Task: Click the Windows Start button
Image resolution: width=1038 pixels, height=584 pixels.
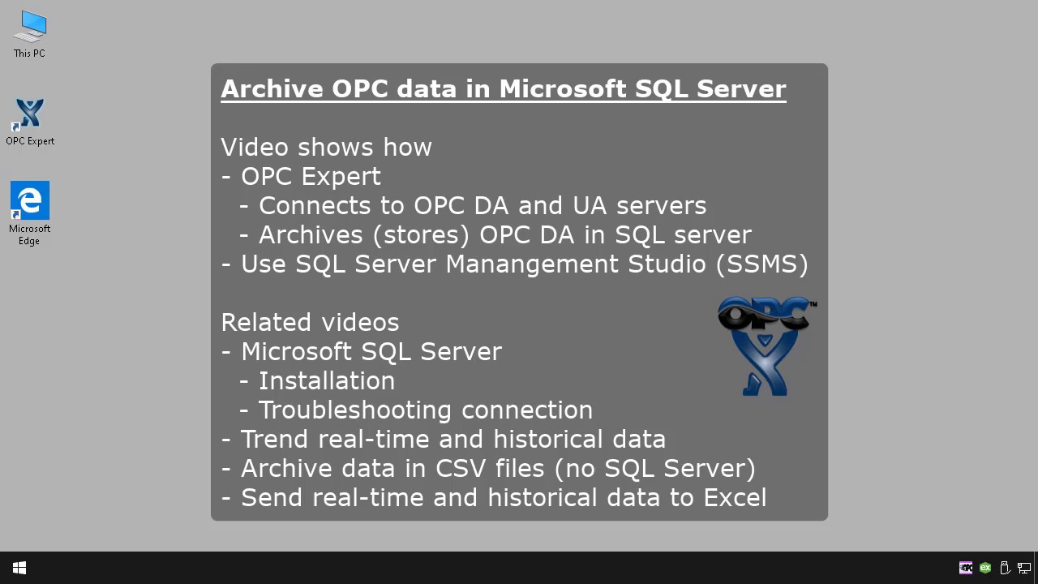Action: click(19, 568)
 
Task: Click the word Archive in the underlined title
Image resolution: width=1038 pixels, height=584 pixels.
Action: click(272, 88)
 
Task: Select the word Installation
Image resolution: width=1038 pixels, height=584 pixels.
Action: click(326, 380)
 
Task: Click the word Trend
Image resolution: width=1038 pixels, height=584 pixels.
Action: click(275, 439)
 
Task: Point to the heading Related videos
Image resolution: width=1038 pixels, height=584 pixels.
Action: click(310, 322)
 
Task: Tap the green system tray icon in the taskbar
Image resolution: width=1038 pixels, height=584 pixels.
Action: click(984, 568)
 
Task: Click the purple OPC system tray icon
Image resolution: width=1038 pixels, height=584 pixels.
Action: click(965, 568)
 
